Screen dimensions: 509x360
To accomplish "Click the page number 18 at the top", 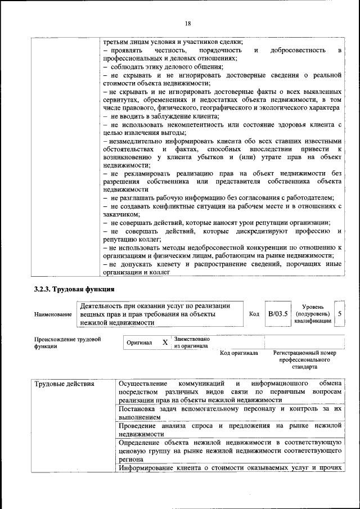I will click(x=187, y=23).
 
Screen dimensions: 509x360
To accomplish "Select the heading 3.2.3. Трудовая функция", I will click(x=74, y=290).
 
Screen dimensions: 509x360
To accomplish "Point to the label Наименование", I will click(x=53, y=314).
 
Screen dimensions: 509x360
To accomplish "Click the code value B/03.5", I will click(x=277, y=313).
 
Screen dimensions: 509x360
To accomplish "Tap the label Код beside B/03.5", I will click(x=254, y=314).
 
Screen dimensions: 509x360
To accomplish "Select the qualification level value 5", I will click(x=339, y=313).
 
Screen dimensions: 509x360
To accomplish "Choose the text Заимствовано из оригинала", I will click(x=192, y=343).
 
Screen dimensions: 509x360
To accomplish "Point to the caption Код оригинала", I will click(x=238, y=353).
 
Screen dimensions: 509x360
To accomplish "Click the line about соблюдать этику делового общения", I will click(x=163, y=67).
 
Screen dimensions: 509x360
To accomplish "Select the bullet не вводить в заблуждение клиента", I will click(x=161, y=115).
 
